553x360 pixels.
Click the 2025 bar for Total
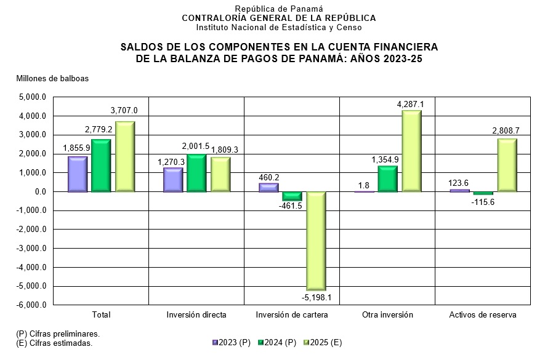click(x=125, y=157)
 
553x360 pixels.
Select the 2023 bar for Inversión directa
click(x=173, y=180)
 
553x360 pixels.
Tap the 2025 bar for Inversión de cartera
click(x=317, y=241)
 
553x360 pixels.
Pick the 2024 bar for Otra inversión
click(x=388, y=178)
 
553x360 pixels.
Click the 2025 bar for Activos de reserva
click(x=507, y=165)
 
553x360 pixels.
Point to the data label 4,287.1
click(x=412, y=105)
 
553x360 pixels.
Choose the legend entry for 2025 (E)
click(x=323, y=343)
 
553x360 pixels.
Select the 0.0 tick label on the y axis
click(x=40, y=192)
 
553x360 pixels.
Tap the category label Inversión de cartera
click(x=292, y=315)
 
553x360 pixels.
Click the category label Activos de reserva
click(x=482, y=315)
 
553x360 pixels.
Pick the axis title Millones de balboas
click(x=52, y=78)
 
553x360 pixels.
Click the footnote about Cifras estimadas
click(x=54, y=343)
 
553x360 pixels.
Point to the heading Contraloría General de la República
click(x=278, y=18)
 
